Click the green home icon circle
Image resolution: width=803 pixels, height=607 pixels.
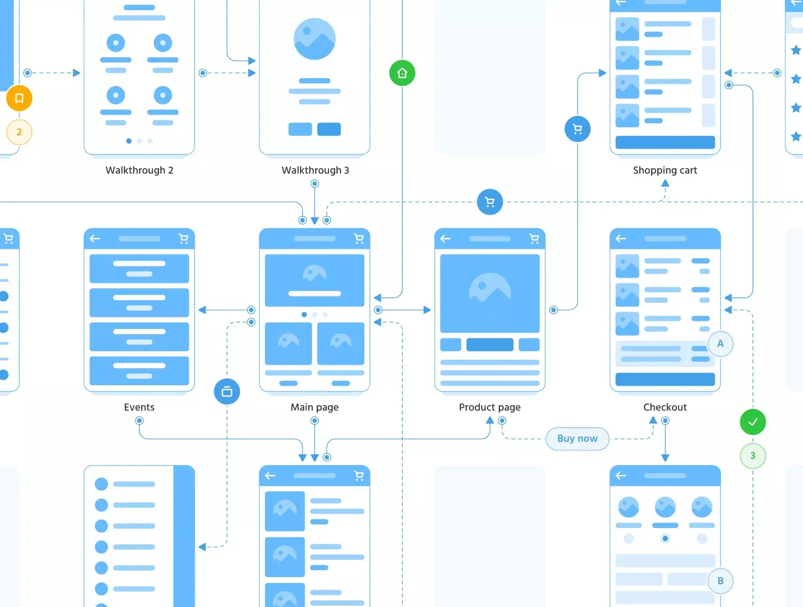click(x=402, y=73)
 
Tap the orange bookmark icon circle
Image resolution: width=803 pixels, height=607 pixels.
click(x=19, y=98)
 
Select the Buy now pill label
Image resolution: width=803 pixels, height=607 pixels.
click(x=577, y=439)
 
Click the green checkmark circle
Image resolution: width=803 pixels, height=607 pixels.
click(x=753, y=422)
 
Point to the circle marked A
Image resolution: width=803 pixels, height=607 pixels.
click(x=720, y=344)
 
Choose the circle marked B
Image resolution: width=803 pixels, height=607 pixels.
click(x=720, y=581)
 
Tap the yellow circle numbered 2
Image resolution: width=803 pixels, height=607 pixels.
click(x=19, y=132)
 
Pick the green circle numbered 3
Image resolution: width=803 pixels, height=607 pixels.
click(x=753, y=456)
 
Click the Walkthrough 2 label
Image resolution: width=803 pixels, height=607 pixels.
click(x=139, y=170)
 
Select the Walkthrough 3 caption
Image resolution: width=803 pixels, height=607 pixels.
click(x=315, y=170)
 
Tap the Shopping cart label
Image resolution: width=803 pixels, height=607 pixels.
click(x=665, y=170)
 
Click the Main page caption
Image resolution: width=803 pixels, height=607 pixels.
click(x=315, y=407)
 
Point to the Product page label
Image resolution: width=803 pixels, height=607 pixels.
click(x=490, y=407)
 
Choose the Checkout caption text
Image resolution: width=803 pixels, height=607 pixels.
click(x=665, y=407)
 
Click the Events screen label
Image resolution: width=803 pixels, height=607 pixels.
click(x=139, y=407)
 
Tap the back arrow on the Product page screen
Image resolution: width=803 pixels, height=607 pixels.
click(x=446, y=239)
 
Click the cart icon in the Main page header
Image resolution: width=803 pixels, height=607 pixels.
click(x=359, y=239)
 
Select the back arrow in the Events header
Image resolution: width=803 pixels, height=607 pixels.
click(x=95, y=239)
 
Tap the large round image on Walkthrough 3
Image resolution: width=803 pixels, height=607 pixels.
click(x=315, y=39)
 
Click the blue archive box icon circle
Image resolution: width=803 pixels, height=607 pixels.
click(x=227, y=391)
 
